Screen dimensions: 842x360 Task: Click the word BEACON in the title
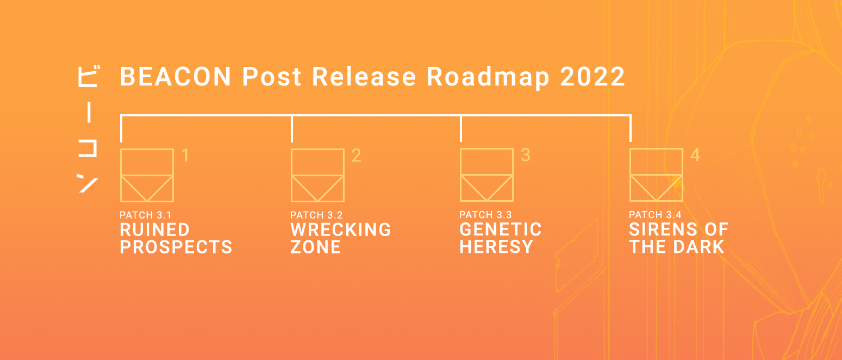[x=176, y=77]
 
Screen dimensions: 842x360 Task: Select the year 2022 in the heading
[x=592, y=77]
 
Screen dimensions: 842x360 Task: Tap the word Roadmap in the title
[x=488, y=78]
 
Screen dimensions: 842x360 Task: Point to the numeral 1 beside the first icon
[x=185, y=155]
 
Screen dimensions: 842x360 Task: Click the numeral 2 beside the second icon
[x=357, y=155]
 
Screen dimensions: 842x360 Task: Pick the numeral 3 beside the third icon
[x=526, y=154]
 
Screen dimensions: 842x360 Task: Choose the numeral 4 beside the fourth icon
[x=695, y=154]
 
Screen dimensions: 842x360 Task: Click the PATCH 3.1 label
[x=146, y=215]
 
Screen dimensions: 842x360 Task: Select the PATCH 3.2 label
[x=316, y=215]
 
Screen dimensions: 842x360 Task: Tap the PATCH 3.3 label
[x=485, y=215]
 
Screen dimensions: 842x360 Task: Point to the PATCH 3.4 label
[x=655, y=215]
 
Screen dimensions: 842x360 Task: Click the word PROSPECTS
[x=176, y=247]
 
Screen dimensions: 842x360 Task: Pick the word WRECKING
[x=341, y=229]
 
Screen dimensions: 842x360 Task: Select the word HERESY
[x=496, y=247]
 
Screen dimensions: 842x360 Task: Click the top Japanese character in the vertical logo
[x=88, y=77]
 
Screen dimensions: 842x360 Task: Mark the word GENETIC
[x=501, y=229]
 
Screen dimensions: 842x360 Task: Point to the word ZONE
[x=316, y=247]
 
